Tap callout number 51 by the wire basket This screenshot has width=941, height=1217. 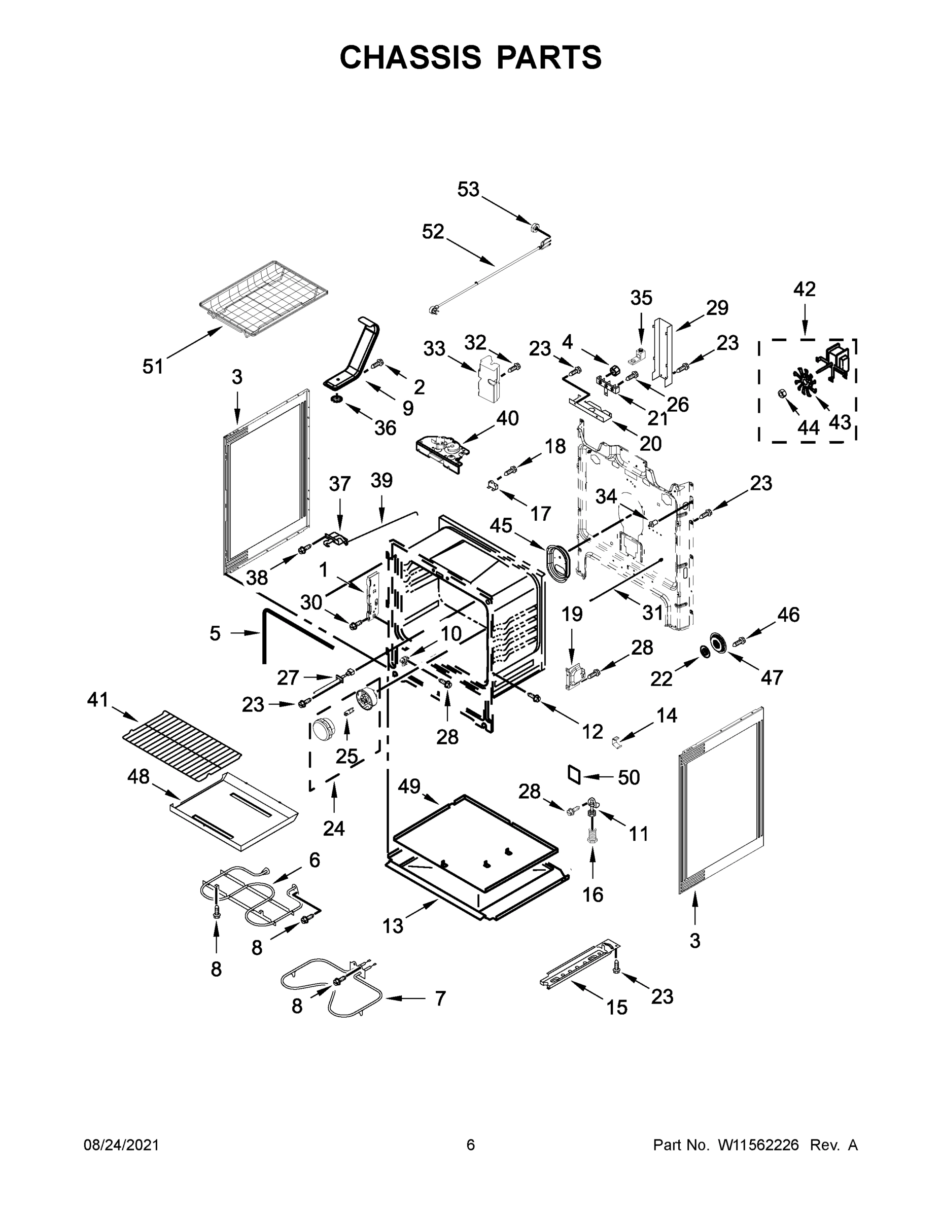(153, 366)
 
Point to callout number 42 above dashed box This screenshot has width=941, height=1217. (805, 289)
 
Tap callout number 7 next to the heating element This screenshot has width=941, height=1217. (440, 998)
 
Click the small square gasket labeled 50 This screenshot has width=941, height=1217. (573, 774)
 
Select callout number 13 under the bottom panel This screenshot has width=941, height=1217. (393, 925)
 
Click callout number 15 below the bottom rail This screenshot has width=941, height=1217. (616, 1007)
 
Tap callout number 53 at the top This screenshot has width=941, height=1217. (468, 190)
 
